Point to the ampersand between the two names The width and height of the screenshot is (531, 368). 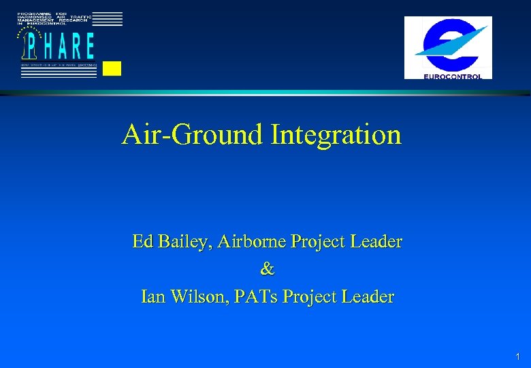point(267,269)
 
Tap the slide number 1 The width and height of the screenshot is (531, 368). point(518,356)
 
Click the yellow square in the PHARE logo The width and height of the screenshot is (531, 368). point(112,68)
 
